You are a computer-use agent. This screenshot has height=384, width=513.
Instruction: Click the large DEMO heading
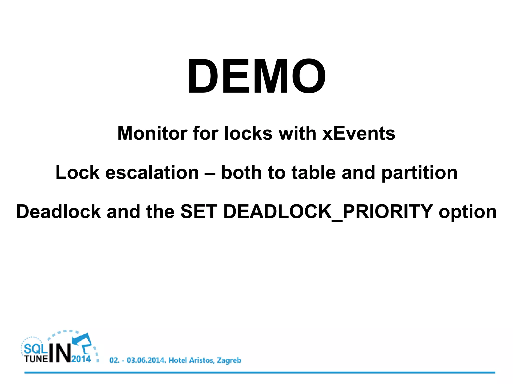tap(256, 76)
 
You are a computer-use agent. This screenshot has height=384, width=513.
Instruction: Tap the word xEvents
tap(359, 133)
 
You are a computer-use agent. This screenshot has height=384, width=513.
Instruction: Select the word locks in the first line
tap(248, 133)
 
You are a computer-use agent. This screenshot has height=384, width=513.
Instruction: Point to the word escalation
tap(152, 172)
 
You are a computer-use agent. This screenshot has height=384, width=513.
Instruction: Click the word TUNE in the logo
tap(36, 359)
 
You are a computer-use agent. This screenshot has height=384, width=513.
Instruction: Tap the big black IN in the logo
tap(60, 353)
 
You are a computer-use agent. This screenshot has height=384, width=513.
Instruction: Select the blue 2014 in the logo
tap(81, 359)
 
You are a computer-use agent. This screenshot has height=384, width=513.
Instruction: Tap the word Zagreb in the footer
tap(229, 360)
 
